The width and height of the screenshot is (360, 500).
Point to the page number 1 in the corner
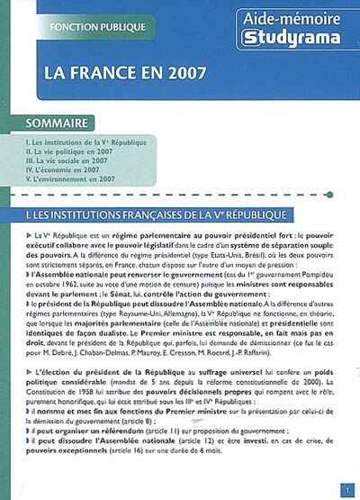(346, 489)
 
